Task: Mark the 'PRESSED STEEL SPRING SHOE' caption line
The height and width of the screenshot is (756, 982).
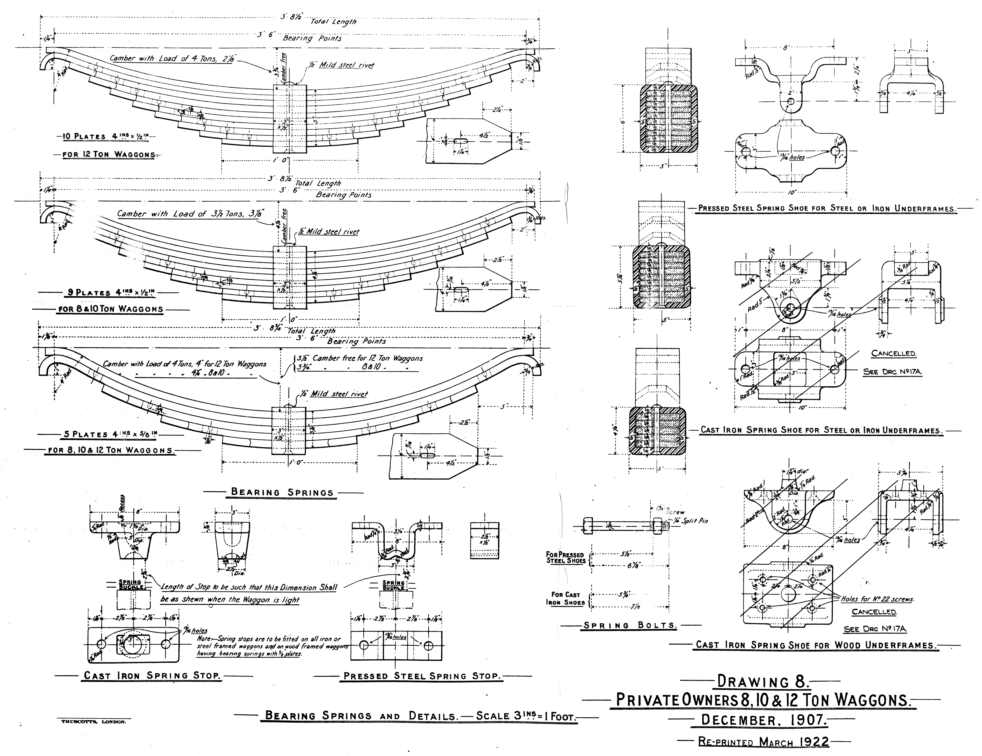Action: (x=826, y=209)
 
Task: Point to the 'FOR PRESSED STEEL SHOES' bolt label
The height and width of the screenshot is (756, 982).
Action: (x=566, y=558)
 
